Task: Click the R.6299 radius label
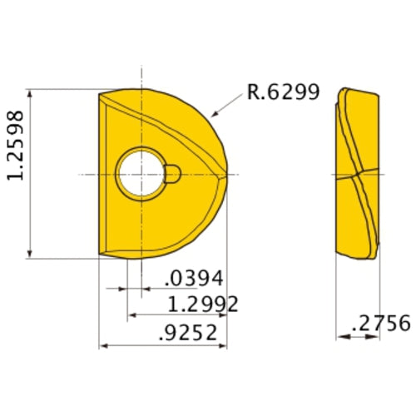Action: (x=283, y=92)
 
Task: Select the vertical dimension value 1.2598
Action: (x=15, y=146)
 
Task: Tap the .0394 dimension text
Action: (x=194, y=278)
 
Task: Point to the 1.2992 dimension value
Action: (x=203, y=304)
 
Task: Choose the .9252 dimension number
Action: (x=188, y=333)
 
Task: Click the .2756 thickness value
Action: (x=381, y=323)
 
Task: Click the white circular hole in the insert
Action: (x=141, y=174)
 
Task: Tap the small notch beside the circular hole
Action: (x=172, y=174)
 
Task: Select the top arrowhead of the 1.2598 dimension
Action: (x=30, y=93)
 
